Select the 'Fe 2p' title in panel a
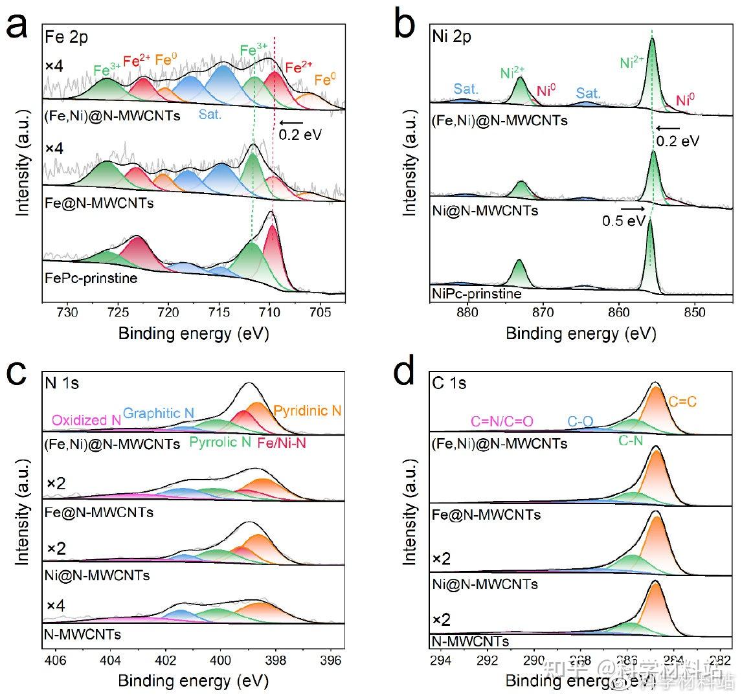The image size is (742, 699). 66,37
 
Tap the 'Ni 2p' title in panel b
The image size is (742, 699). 452,36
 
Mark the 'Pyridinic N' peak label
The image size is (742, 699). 307,410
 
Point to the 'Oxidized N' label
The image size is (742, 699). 86,420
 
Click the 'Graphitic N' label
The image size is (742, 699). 158,413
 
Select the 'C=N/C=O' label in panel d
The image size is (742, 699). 502,421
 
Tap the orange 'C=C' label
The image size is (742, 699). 683,402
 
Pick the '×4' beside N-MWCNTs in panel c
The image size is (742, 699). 56,606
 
